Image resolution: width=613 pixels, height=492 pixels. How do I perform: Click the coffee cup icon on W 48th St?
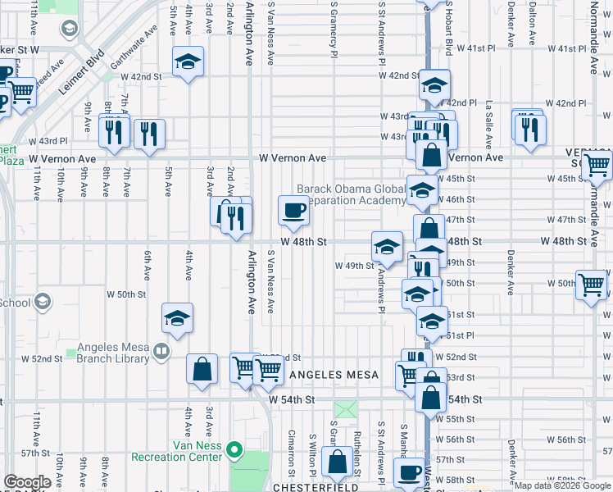293,211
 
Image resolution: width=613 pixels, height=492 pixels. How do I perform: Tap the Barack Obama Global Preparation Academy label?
351,194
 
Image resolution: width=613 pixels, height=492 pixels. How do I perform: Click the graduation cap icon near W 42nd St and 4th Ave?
188,61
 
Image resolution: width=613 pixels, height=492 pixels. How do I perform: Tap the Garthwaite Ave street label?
134,48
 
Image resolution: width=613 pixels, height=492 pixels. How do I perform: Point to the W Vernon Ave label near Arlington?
293,157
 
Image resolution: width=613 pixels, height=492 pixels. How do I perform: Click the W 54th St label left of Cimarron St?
292,399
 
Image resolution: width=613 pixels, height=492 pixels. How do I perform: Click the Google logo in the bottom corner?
28,482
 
